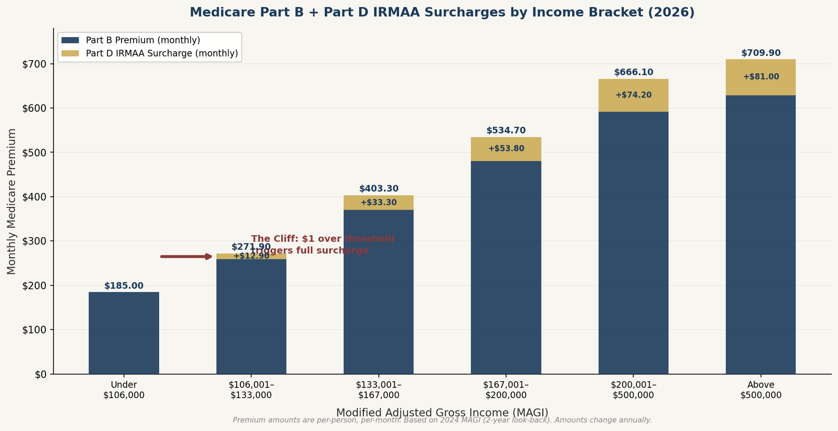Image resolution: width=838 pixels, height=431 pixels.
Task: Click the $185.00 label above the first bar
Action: [x=124, y=286]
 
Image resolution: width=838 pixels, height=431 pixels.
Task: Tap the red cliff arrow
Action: [x=186, y=257]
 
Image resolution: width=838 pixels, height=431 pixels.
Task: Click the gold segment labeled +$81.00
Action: [x=760, y=77]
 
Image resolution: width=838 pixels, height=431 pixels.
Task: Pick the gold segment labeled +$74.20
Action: [x=633, y=95]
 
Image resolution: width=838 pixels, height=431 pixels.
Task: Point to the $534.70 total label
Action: [x=506, y=130]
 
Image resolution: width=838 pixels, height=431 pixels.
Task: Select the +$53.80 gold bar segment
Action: [x=506, y=149]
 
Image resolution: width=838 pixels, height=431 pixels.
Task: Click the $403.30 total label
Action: [x=379, y=189]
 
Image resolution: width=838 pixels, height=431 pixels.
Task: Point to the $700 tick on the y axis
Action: [x=36, y=64]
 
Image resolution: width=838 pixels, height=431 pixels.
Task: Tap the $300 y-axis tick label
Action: [x=36, y=241]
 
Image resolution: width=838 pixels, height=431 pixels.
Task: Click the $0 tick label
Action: [x=41, y=374]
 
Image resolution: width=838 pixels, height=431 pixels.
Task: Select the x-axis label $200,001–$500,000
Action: [x=633, y=390]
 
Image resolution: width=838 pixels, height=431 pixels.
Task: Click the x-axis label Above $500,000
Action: [x=760, y=390]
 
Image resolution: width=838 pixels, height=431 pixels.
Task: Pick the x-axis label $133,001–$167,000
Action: [x=379, y=390]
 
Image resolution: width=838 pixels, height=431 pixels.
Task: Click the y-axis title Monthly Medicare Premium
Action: [x=12, y=201]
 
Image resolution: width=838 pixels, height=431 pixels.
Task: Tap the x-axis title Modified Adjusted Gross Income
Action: [x=442, y=413]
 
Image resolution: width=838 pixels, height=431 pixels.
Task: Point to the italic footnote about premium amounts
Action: [x=442, y=420]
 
